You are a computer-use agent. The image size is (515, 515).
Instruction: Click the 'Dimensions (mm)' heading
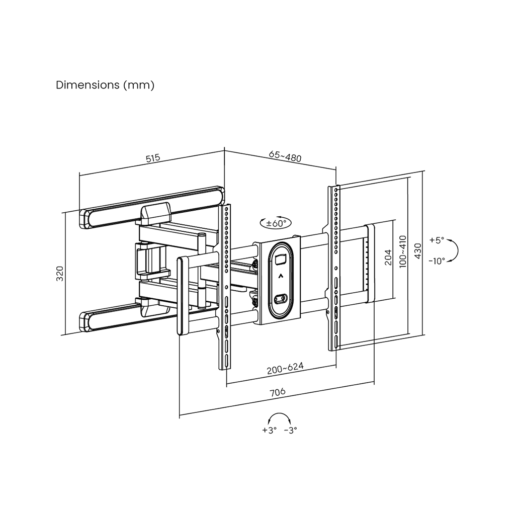pyautogui.click(x=105, y=85)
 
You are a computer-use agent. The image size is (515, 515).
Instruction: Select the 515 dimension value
pyautogui.click(x=153, y=158)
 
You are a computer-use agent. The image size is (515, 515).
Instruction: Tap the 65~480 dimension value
pyautogui.click(x=285, y=157)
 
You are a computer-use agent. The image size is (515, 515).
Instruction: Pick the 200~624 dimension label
pyautogui.click(x=285, y=369)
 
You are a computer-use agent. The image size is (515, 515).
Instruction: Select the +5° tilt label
pyautogui.click(x=437, y=240)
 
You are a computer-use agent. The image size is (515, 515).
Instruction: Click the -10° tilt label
pyautogui.click(x=437, y=261)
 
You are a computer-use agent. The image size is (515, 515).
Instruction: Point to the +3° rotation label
pyautogui.click(x=270, y=430)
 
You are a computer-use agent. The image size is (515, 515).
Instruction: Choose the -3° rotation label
pyautogui.click(x=291, y=430)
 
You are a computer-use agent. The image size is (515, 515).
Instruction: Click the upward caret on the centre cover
pyautogui.click(x=280, y=275)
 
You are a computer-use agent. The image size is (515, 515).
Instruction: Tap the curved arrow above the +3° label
pyautogui.click(x=280, y=417)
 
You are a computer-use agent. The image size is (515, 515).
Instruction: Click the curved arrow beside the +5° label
pyautogui.click(x=453, y=250)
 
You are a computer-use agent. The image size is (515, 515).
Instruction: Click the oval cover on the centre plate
pyautogui.click(x=280, y=280)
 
